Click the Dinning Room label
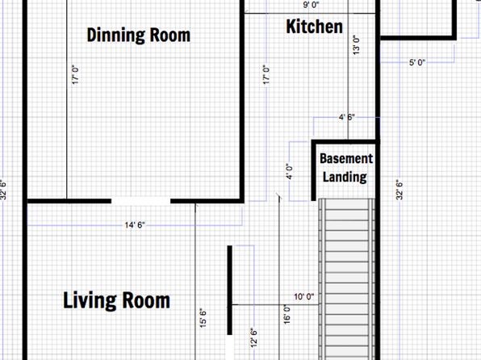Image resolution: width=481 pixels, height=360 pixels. [x=139, y=35]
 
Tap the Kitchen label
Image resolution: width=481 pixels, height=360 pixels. [x=315, y=27]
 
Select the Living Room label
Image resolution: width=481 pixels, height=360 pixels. [x=116, y=300]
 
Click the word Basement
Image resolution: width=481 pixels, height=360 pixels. [x=346, y=158]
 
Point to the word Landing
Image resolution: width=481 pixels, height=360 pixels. [x=345, y=177]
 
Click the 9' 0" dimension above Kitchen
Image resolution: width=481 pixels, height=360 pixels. [x=311, y=5]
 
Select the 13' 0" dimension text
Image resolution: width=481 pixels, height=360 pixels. [x=356, y=45]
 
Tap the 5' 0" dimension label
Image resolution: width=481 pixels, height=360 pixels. [x=417, y=63]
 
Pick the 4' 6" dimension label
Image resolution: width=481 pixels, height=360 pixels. [x=347, y=117]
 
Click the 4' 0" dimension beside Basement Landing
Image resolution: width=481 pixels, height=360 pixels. [x=290, y=171]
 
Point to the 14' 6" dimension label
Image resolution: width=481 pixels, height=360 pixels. [x=135, y=225]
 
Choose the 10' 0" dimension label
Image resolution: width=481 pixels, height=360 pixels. [x=304, y=297]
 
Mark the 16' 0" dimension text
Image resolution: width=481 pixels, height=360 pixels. [x=287, y=314]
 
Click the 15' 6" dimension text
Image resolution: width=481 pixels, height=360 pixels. [x=203, y=318]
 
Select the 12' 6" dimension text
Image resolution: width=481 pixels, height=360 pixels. [x=253, y=339]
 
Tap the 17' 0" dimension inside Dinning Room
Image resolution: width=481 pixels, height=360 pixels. [x=76, y=74]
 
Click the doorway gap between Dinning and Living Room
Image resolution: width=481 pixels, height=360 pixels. [x=140, y=201]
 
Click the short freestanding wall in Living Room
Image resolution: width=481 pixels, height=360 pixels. [x=229, y=290]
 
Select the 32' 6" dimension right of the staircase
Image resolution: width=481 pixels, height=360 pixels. [x=399, y=190]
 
